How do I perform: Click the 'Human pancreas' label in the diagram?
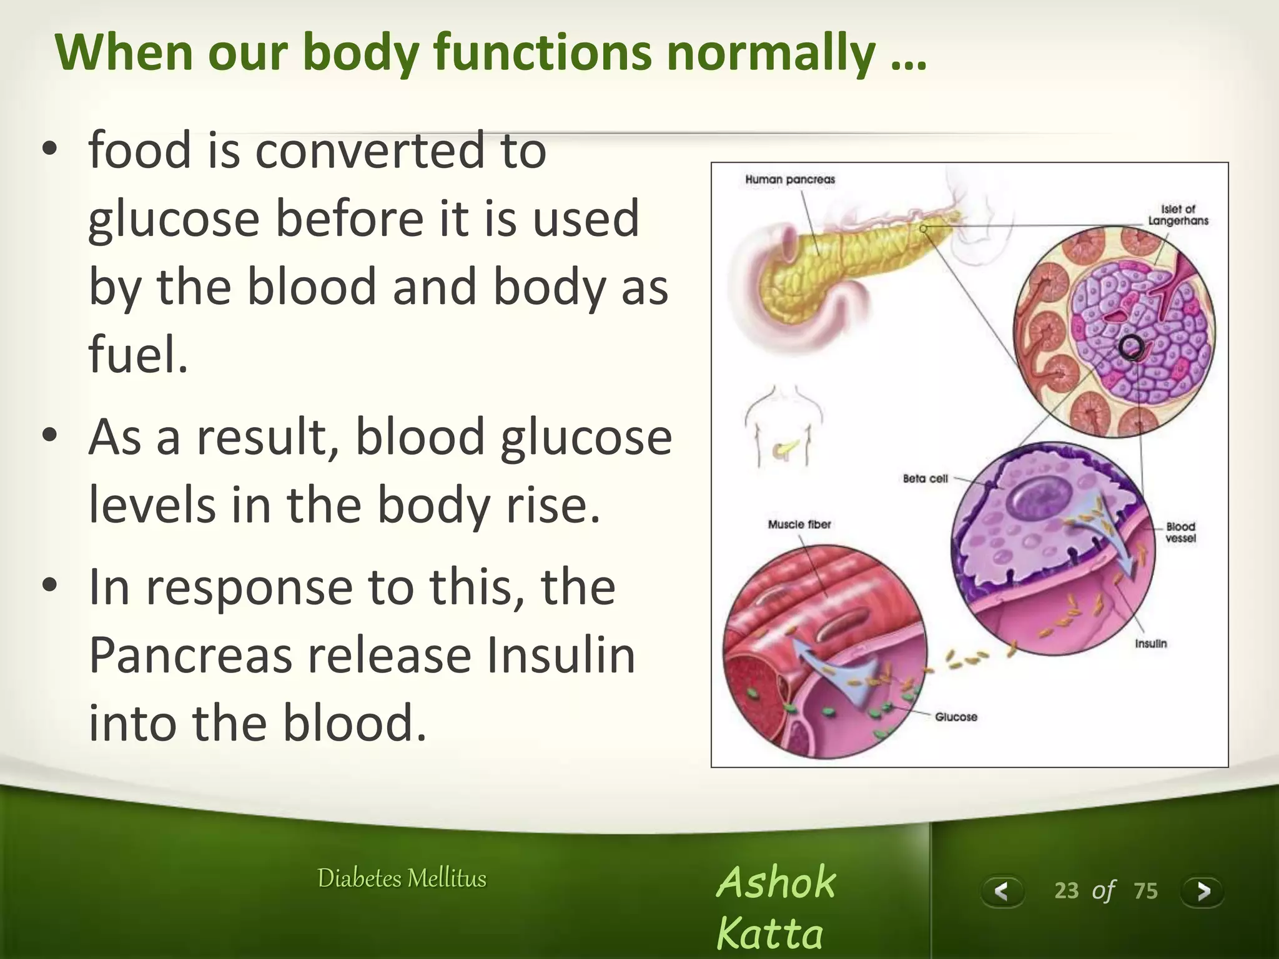click(x=789, y=180)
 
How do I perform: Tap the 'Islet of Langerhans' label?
click(x=1178, y=215)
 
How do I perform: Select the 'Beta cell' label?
click(x=925, y=479)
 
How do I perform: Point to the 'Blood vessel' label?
click(x=1180, y=532)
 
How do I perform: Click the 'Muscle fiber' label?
click(x=799, y=524)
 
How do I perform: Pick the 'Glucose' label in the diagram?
click(x=956, y=717)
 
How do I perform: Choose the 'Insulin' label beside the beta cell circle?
click(x=1150, y=644)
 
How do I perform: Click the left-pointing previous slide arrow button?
click(x=1002, y=891)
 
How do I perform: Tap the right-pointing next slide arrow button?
click(x=1202, y=891)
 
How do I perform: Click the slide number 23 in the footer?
click(x=1066, y=890)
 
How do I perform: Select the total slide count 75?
click(x=1145, y=890)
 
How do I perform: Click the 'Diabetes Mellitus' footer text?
click(x=402, y=878)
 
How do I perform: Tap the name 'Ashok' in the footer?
click(x=775, y=882)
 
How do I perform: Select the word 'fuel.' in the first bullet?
click(x=138, y=355)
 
